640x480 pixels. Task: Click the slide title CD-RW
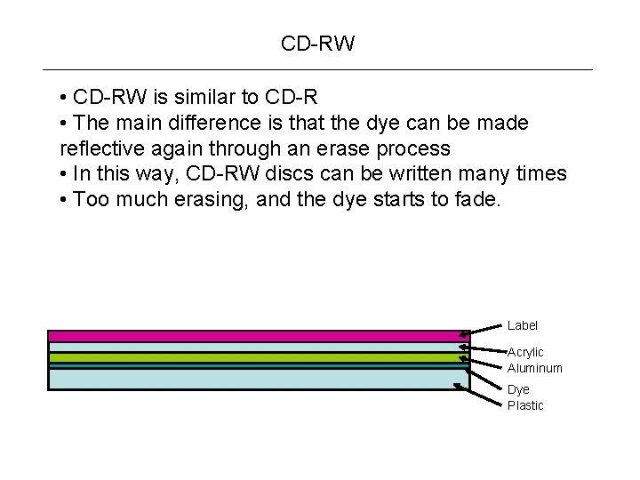(x=317, y=44)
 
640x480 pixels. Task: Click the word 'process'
(x=418, y=148)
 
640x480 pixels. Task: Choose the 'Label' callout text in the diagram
(x=523, y=326)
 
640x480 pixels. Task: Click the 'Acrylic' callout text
(x=525, y=353)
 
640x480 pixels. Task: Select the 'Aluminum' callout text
(x=535, y=368)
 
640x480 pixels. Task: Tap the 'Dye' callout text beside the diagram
(x=518, y=390)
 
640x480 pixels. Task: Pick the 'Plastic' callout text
(x=525, y=405)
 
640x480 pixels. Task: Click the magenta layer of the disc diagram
(x=258, y=337)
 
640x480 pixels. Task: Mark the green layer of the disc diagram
(x=258, y=357)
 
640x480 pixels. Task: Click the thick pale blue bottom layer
(x=258, y=380)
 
